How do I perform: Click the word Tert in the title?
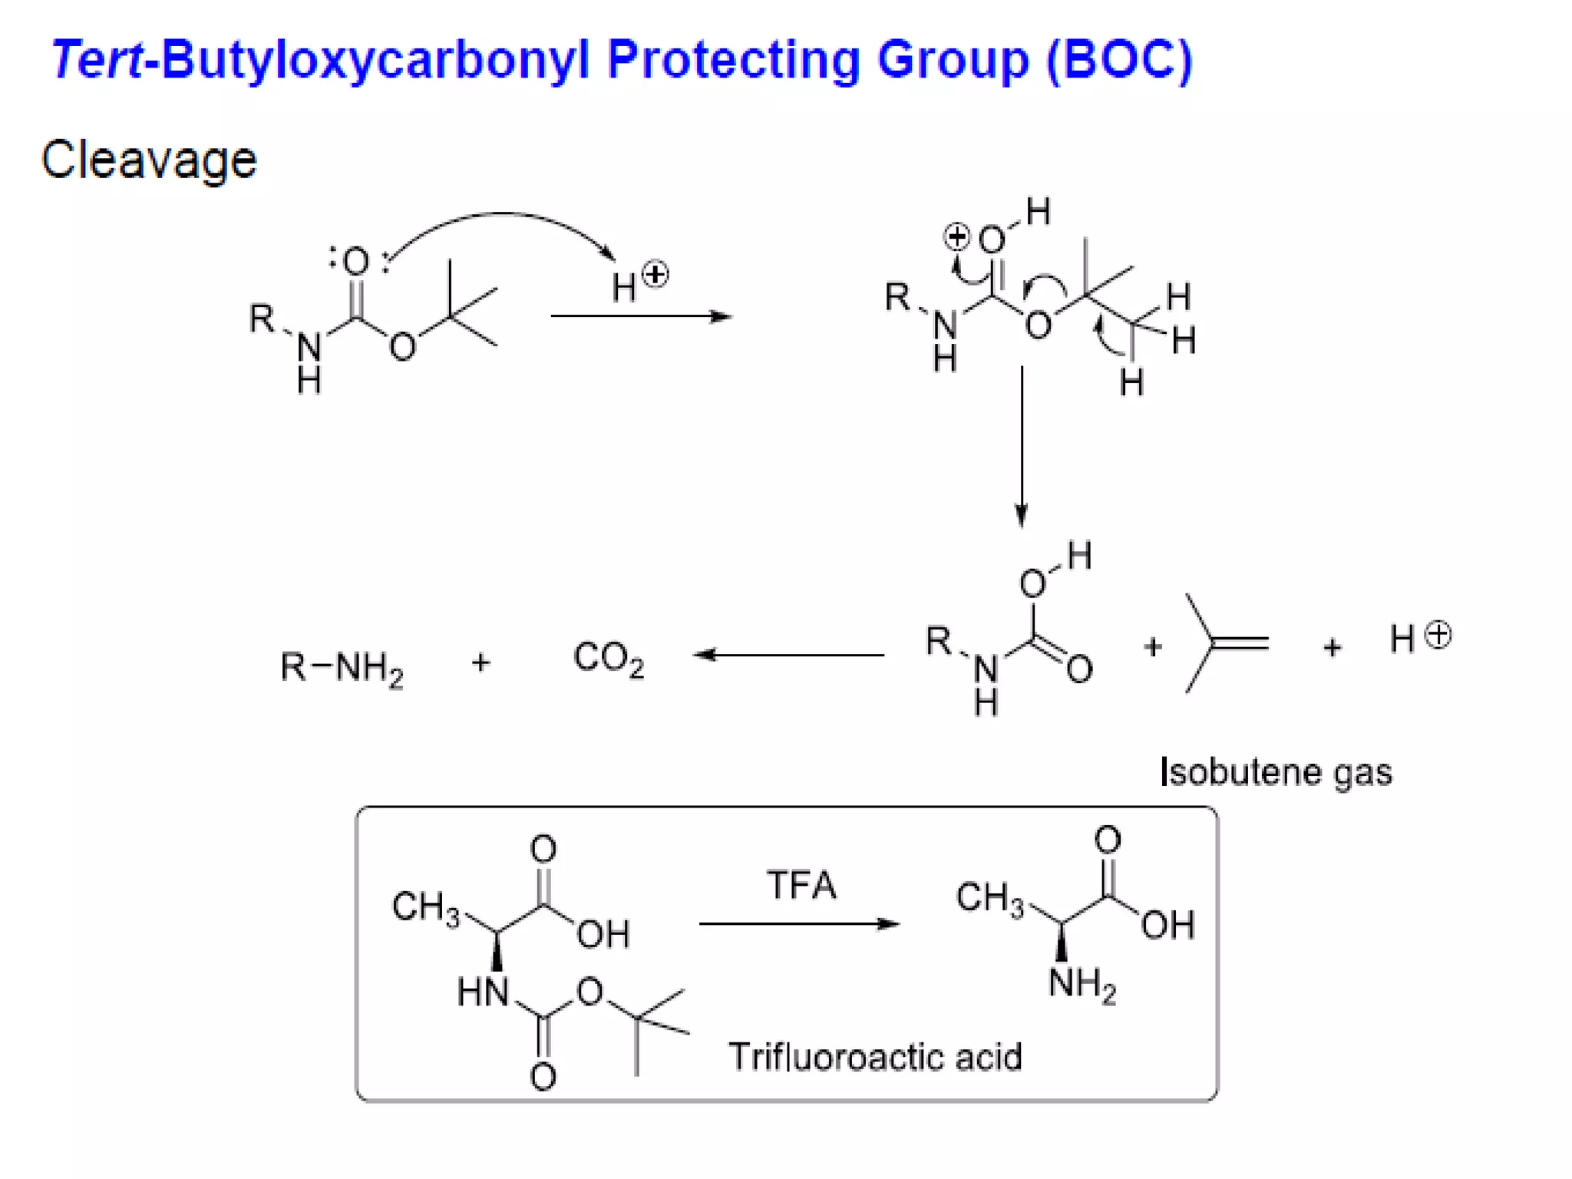[97, 60]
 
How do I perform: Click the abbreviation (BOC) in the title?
[1118, 60]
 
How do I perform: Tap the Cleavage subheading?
[149, 160]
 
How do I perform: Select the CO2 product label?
[608, 659]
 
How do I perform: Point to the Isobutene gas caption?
[1276, 772]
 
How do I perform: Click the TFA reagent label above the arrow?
[801, 885]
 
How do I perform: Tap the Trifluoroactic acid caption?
[875, 1057]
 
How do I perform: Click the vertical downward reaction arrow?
[1022, 445]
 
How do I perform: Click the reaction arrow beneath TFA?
[798, 923]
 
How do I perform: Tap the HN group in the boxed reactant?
[482, 992]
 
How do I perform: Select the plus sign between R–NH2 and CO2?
[481, 662]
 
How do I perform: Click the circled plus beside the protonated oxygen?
[956, 236]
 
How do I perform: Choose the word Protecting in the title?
[733, 60]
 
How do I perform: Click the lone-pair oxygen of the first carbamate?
[355, 261]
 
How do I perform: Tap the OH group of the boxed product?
[1167, 925]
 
